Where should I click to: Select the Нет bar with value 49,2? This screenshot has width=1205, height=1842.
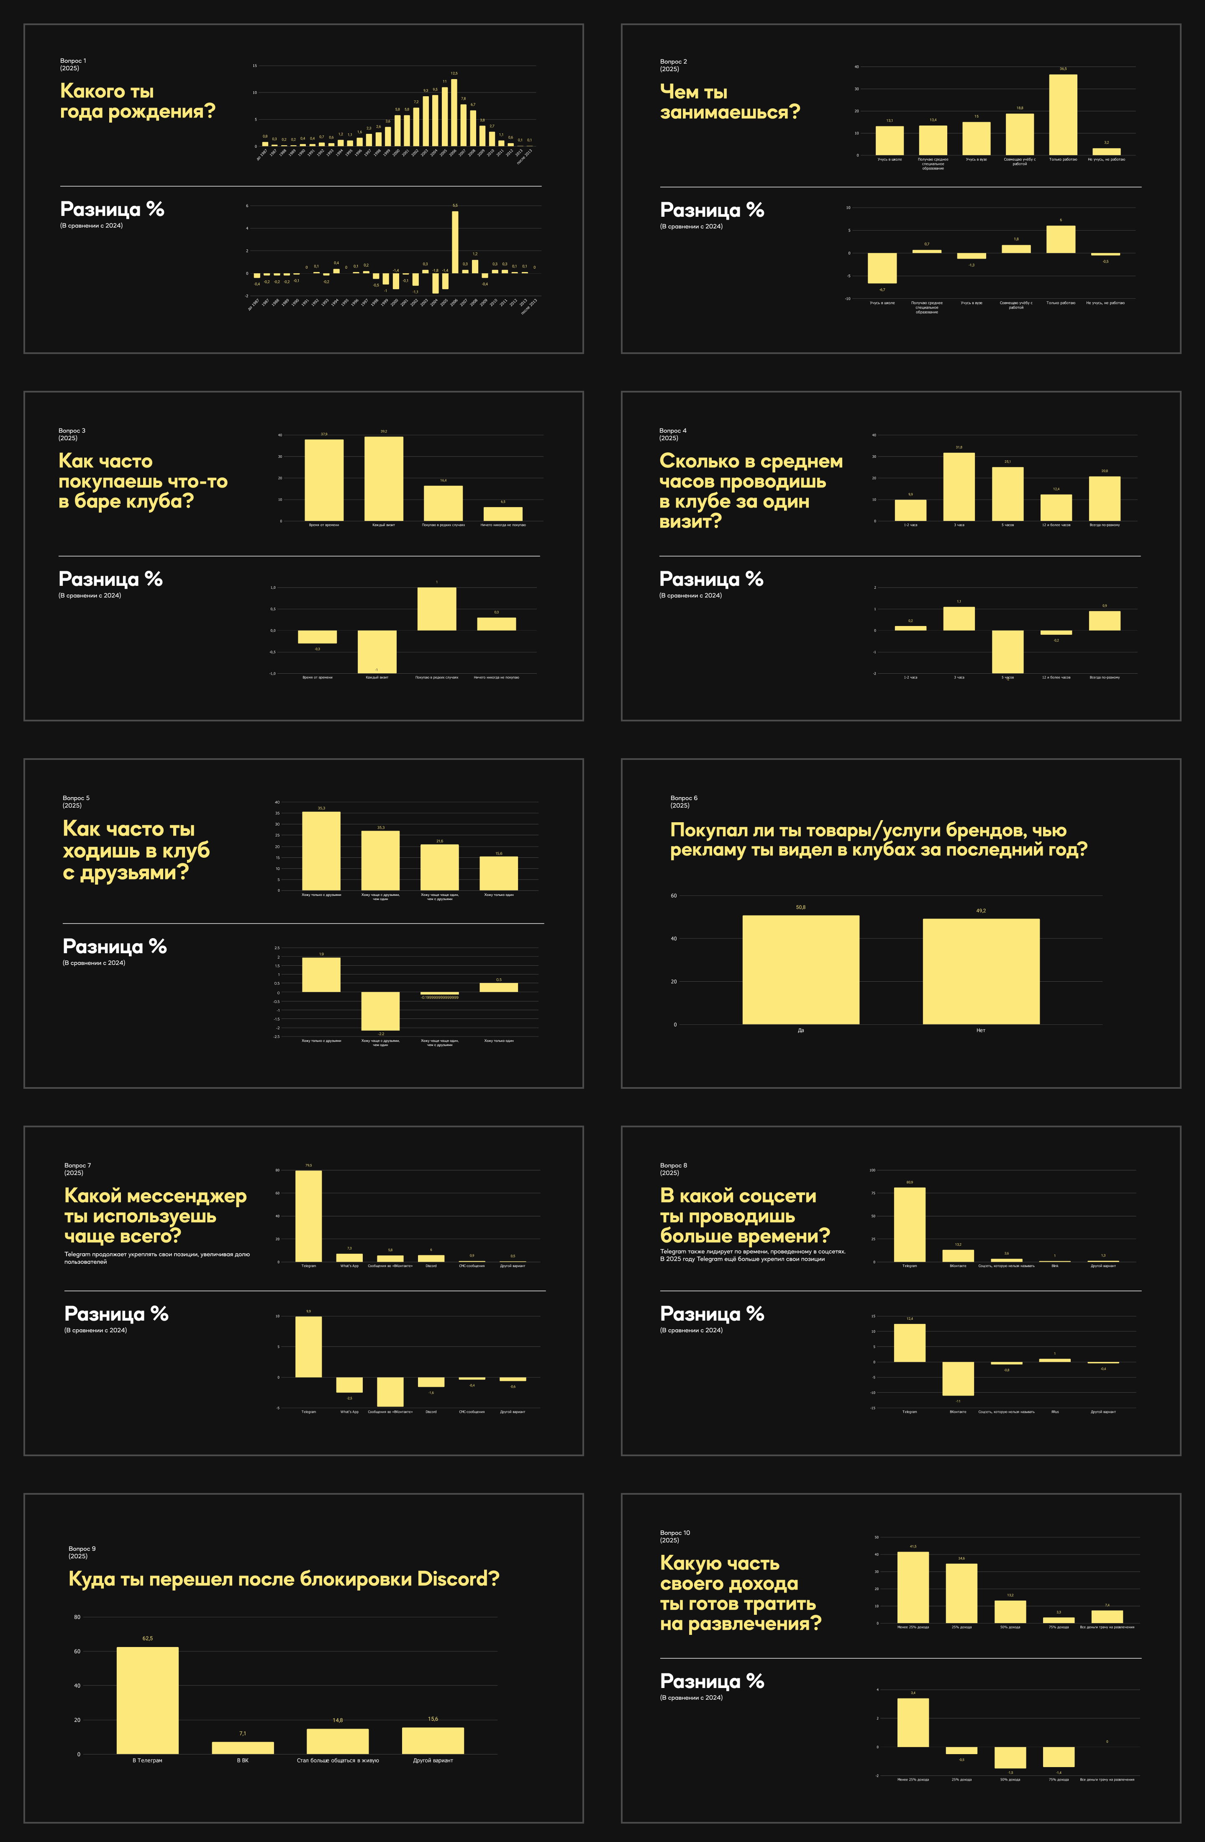tap(981, 971)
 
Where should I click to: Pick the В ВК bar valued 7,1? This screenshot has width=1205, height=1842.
tap(242, 1747)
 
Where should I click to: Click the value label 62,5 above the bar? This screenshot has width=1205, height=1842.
tap(147, 1639)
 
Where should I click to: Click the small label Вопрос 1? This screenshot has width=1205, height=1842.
tap(73, 60)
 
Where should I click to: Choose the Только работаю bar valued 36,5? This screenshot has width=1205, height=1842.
tap(1063, 115)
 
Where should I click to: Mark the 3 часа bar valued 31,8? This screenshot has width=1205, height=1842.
tap(959, 487)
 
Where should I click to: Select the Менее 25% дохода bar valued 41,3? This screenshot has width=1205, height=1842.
tap(913, 1587)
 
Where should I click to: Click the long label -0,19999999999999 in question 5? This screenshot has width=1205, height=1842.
tap(440, 998)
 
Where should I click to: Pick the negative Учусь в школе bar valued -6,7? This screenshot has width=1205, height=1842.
tap(882, 268)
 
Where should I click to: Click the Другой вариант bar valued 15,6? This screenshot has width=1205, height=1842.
tap(433, 1741)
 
